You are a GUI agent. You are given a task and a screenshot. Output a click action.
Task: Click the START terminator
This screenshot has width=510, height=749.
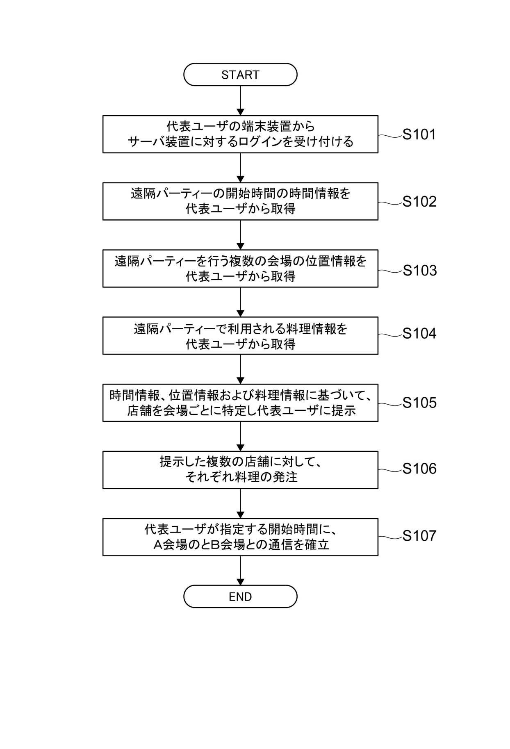pyautogui.click(x=240, y=75)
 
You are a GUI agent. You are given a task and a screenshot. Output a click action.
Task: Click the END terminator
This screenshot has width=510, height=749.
pyautogui.click(x=240, y=596)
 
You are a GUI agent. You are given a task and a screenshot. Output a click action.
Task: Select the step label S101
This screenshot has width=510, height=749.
pyautogui.click(x=419, y=134)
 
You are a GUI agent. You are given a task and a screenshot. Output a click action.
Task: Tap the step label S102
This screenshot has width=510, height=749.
pyautogui.click(x=419, y=202)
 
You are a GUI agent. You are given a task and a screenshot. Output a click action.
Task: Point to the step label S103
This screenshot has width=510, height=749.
pyautogui.click(x=419, y=270)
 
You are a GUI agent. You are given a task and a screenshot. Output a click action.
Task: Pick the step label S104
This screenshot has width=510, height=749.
pyautogui.click(x=419, y=334)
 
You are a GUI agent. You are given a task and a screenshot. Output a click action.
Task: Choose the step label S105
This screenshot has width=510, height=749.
pyautogui.click(x=419, y=403)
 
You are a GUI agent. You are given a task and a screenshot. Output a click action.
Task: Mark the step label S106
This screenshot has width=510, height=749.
pyautogui.click(x=419, y=469)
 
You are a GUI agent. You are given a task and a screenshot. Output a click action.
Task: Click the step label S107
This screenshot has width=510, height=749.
pyautogui.click(x=419, y=536)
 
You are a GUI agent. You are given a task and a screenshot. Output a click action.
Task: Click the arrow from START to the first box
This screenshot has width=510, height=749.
pyautogui.click(x=240, y=100)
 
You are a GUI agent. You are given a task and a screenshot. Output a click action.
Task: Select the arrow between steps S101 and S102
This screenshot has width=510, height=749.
pyautogui.click(x=240, y=168)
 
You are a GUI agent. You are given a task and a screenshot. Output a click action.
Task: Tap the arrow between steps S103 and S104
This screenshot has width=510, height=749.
pyautogui.click(x=240, y=302)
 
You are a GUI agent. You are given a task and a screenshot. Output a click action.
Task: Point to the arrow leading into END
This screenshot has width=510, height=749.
pyautogui.click(x=240, y=570)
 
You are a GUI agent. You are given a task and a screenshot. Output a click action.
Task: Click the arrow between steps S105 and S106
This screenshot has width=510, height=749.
pyautogui.click(x=240, y=436)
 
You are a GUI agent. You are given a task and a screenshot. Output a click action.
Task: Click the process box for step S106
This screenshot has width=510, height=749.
pyautogui.click(x=240, y=470)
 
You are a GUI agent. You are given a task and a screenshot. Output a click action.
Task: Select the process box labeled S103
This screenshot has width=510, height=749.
pyautogui.click(x=240, y=269)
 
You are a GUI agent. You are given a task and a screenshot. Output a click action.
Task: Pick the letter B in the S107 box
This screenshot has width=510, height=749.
pyautogui.click(x=215, y=545)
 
